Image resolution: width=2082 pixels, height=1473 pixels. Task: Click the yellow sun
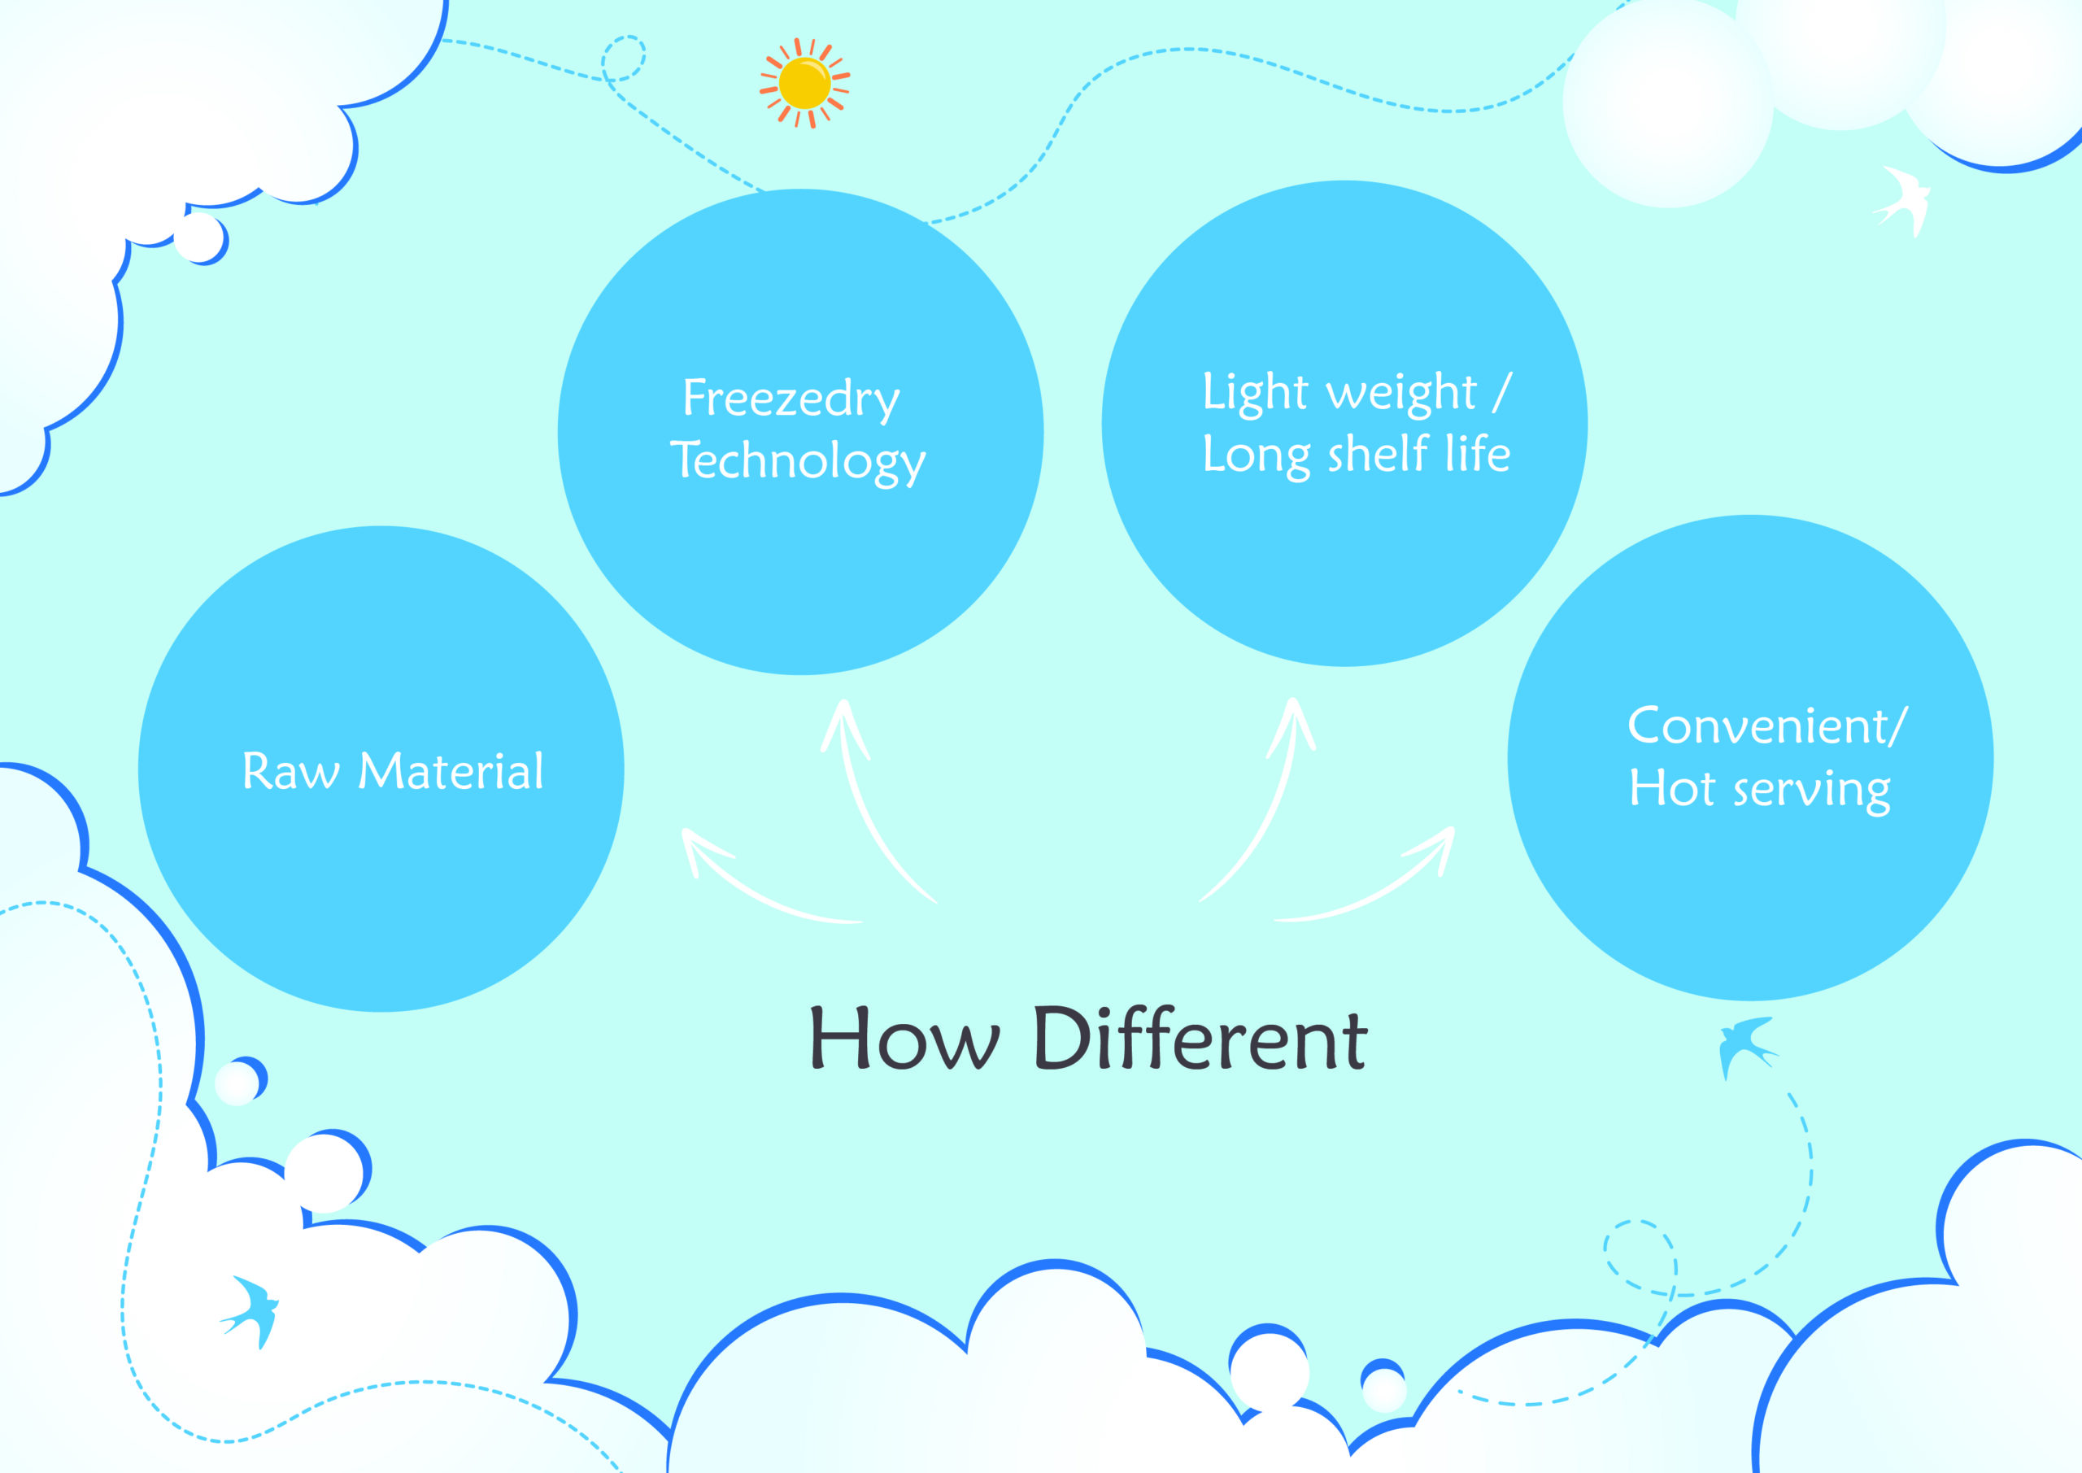[x=804, y=82]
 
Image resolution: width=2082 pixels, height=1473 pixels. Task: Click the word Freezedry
[x=791, y=399]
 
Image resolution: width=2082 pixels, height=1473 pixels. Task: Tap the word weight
[x=1402, y=393]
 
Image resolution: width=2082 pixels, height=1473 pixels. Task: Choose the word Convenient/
[x=1767, y=726]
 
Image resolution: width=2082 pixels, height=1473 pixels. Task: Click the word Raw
[x=291, y=772]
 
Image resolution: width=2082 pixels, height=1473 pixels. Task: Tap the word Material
[x=451, y=771]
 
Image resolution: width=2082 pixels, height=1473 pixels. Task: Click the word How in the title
[x=904, y=1038]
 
